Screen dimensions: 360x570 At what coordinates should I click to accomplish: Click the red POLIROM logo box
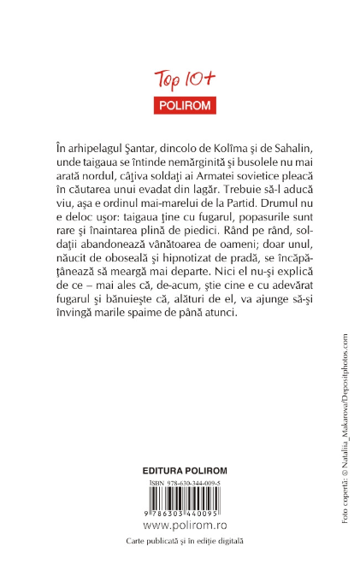pyautogui.click(x=180, y=107)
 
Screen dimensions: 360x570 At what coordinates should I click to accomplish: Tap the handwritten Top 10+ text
pyautogui.click(x=180, y=80)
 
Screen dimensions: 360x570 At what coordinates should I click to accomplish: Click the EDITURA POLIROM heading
pyautogui.click(x=180, y=471)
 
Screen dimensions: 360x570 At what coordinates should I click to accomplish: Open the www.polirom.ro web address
pyautogui.click(x=180, y=525)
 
